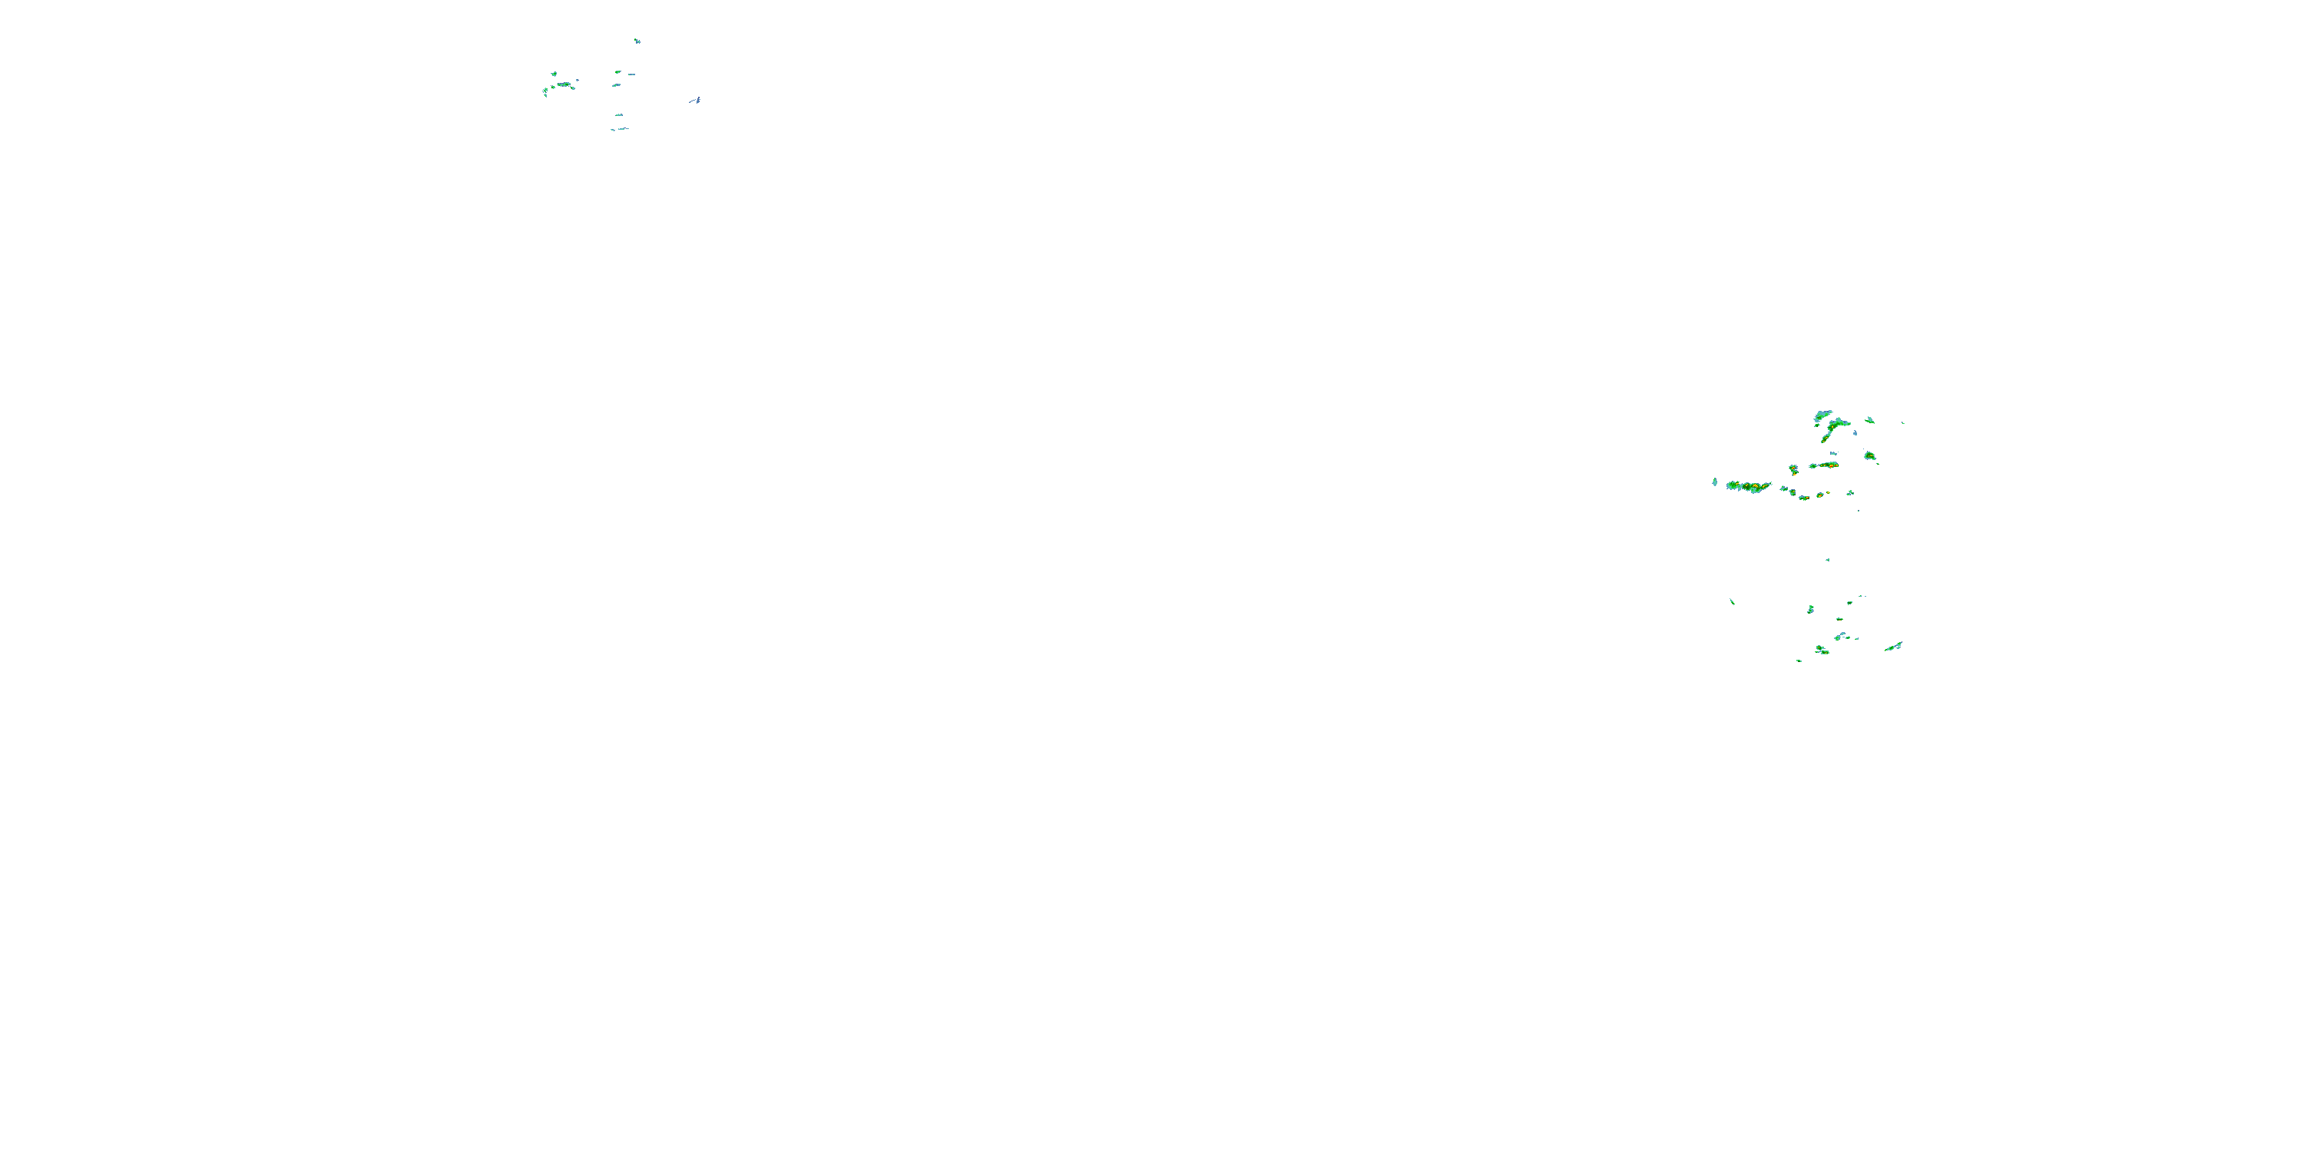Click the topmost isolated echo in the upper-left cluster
click(x=637, y=40)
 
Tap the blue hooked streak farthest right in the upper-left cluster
click(x=696, y=100)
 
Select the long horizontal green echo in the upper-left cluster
click(x=563, y=85)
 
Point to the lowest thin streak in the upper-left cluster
click(x=620, y=130)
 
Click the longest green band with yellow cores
click(x=1749, y=487)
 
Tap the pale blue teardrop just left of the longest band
click(x=1715, y=482)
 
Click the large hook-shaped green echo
click(x=1833, y=428)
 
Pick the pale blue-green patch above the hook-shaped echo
click(x=1822, y=415)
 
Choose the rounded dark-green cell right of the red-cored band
click(x=1869, y=456)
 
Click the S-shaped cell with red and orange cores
click(x=1793, y=469)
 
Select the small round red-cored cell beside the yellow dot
click(x=1819, y=495)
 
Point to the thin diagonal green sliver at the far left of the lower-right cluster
click(x=1733, y=601)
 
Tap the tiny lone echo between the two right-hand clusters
click(x=1827, y=560)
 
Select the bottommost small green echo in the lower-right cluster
click(x=1799, y=660)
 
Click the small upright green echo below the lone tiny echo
click(x=1810, y=609)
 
